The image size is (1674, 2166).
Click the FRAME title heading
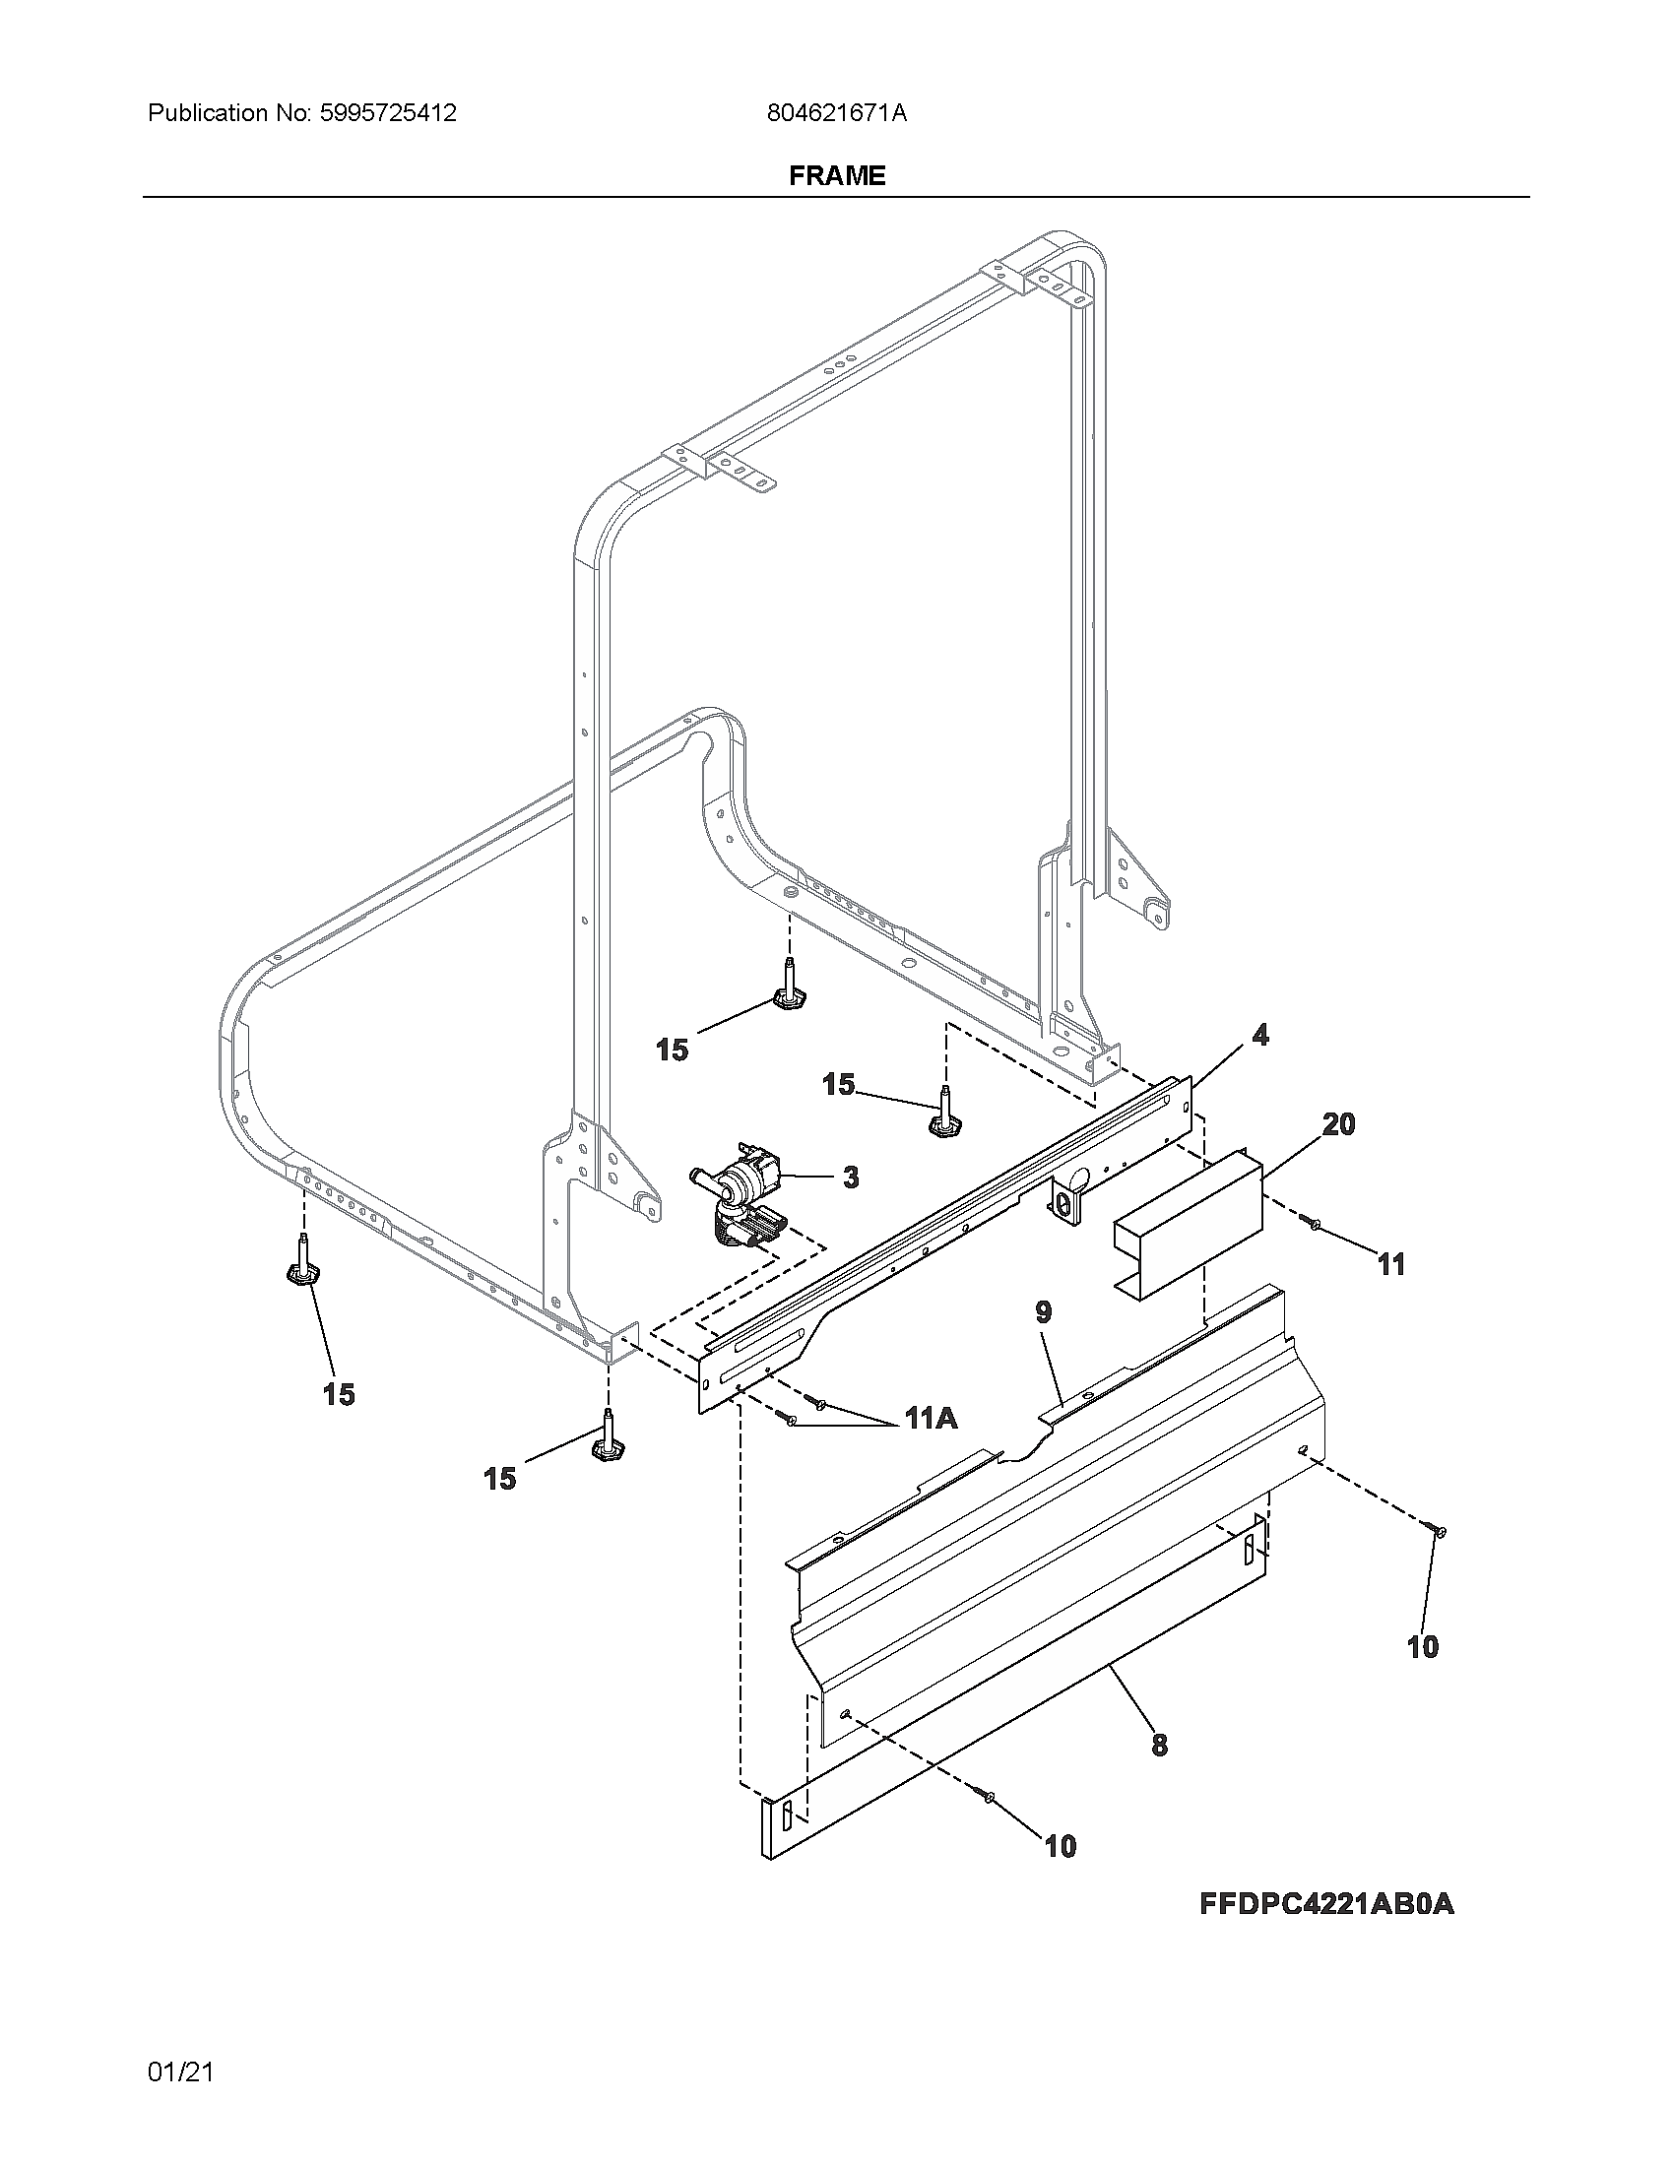pyautogui.click(x=836, y=175)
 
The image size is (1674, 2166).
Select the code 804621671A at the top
pyautogui.click(x=836, y=113)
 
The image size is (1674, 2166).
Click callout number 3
pyautogui.click(x=850, y=1178)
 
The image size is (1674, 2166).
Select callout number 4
pyautogui.click(x=1259, y=1036)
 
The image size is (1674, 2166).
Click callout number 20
pyautogui.click(x=1338, y=1124)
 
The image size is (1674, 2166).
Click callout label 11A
pyautogui.click(x=931, y=1419)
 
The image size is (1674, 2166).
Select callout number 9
pyautogui.click(x=1042, y=1312)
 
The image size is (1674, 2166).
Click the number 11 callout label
pyautogui.click(x=1391, y=1263)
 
